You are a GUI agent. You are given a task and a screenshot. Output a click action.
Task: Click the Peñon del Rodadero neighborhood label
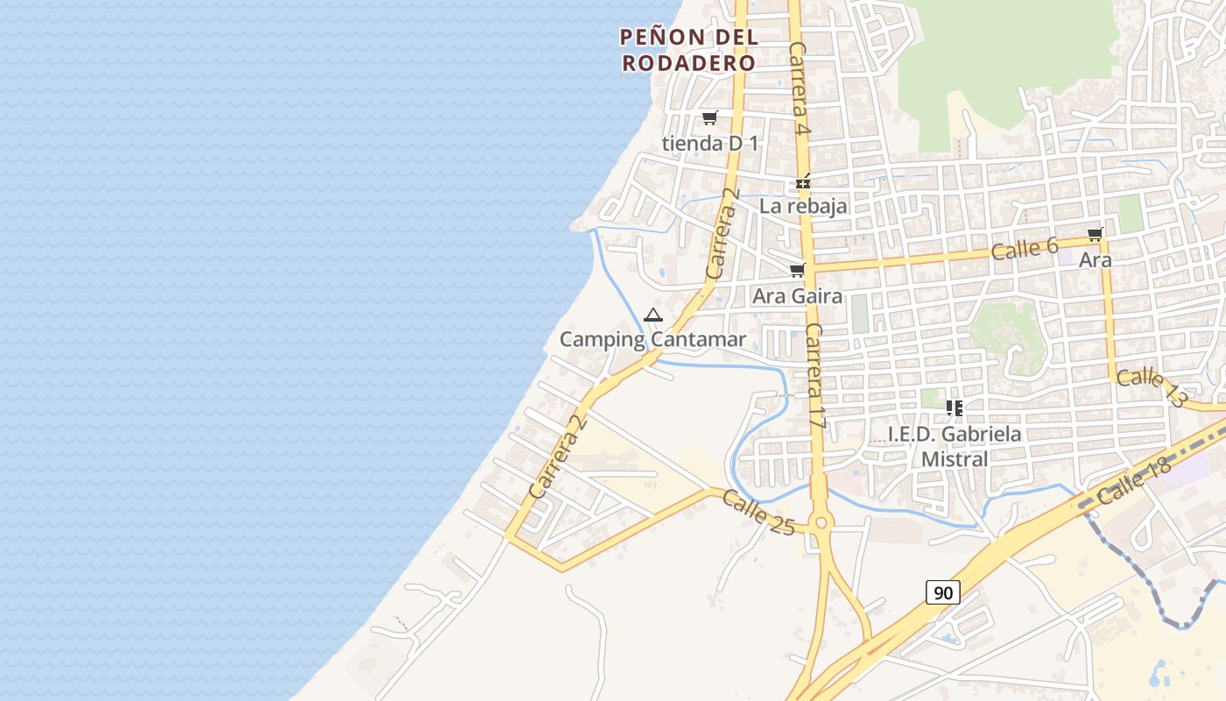(x=688, y=50)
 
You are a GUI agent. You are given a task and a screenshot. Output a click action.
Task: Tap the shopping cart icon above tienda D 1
(x=709, y=118)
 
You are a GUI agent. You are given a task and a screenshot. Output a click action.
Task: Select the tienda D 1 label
(x=710, y=143)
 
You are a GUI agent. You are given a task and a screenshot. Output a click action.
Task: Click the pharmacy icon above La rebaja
(x=803, y=183)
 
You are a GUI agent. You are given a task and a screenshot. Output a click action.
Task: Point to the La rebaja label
(x=803, y=207)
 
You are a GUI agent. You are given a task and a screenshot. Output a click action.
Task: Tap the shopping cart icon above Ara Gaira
(x=797, y=271)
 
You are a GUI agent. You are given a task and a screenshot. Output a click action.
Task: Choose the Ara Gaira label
(x=797, y=296)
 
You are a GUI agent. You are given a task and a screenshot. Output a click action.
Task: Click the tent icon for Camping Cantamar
(x=652, y=315)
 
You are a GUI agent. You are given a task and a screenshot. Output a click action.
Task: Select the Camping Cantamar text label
(x=652, y=340)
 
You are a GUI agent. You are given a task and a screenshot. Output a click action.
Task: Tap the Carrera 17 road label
(x=815, y=376)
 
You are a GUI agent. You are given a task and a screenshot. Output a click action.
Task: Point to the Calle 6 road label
(x=1025, y=249)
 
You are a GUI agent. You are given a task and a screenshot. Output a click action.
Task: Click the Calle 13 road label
(x=1151, y=386)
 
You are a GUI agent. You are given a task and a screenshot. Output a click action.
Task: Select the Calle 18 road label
(x=1133, y=481)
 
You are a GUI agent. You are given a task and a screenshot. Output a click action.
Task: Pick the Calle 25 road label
(x=758, y=512)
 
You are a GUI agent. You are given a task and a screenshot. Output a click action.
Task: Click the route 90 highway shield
(x=942, y=593)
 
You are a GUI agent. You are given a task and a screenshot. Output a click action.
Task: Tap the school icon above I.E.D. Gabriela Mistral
(x=955, y=407)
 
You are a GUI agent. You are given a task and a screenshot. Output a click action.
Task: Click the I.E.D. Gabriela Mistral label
(x=955, y=447)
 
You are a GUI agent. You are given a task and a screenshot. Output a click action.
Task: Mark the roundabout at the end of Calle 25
(x=821, y=524)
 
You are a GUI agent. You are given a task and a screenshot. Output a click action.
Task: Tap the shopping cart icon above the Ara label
(x=1095, y=235)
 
